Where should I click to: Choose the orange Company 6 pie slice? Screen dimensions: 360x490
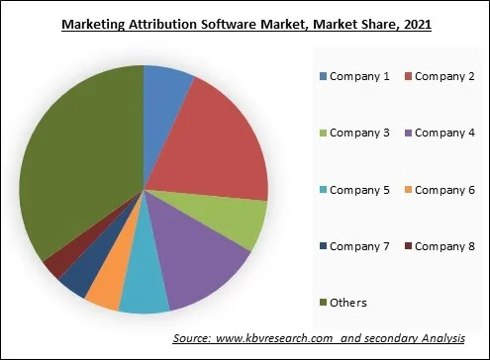click(104, 289)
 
